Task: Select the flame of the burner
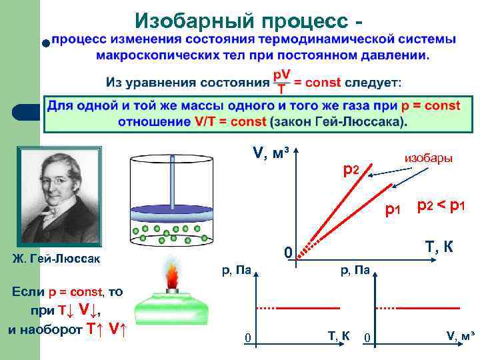tap(173, 275)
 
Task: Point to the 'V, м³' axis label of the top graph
tap(271, 154)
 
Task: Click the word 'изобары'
tap(429, 158)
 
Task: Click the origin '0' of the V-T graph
tap(287, 254)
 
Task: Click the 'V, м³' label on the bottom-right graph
tap(461, 335)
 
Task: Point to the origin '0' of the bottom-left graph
tap(247, 339)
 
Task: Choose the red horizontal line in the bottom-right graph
tap(433, 308)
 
